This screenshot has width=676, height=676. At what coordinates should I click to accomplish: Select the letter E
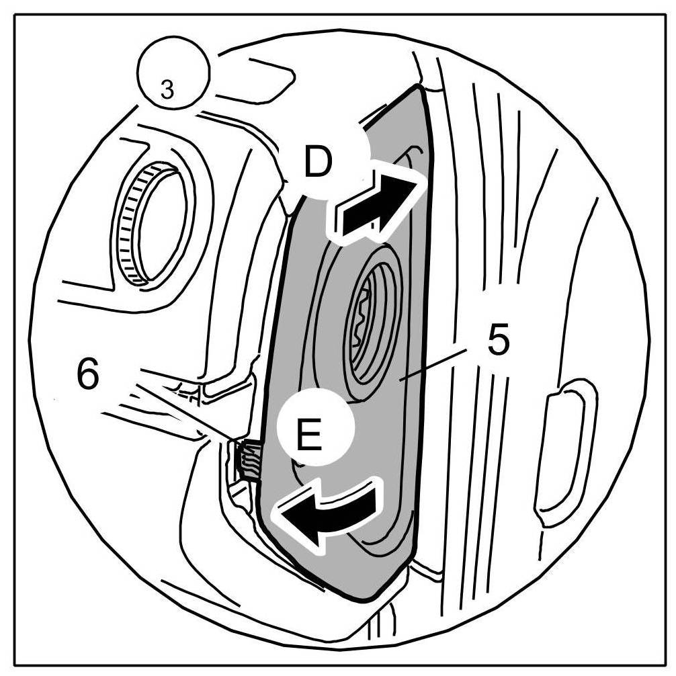coord(308,437)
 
